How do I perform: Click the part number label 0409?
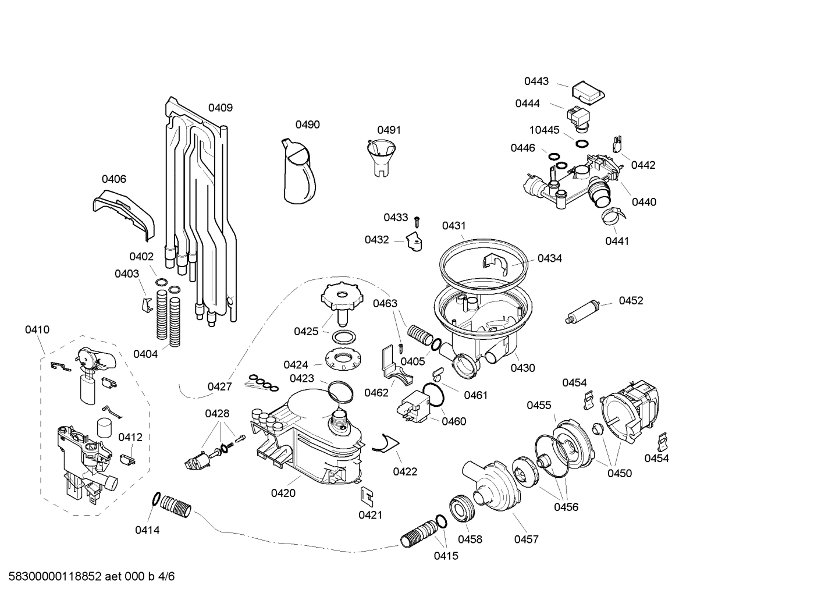click(221, 108)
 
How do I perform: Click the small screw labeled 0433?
click(417, 221)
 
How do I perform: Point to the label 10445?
click(544, 130)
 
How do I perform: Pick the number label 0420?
click(283, 493)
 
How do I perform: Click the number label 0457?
click(526, 539)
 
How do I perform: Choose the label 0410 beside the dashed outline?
click(37, 330)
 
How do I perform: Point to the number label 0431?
click(454, 226)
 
